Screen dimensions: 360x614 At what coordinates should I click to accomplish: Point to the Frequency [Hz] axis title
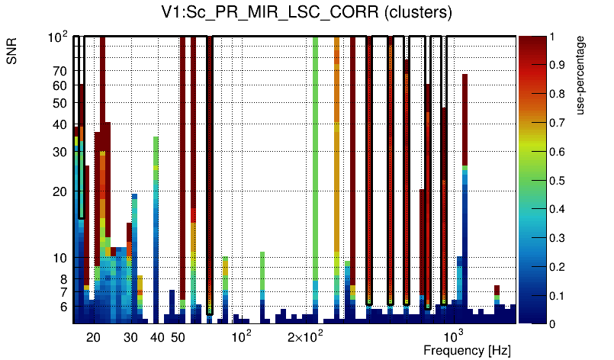(x=467, y=350)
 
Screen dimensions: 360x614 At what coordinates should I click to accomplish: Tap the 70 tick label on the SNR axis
(x=59, y=71)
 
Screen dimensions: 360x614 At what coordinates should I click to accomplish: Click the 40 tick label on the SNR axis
(x=59, y=125)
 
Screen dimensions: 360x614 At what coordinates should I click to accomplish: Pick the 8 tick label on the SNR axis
(x=63, y=279)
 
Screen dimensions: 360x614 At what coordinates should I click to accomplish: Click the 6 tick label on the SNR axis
(x=63, y=307)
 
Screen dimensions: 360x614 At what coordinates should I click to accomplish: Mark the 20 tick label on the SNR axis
(x=59, y=191)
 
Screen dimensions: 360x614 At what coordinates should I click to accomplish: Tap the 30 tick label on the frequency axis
(x=130, y=337)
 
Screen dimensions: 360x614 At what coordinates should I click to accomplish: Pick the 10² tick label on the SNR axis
(x=58, y=36)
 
